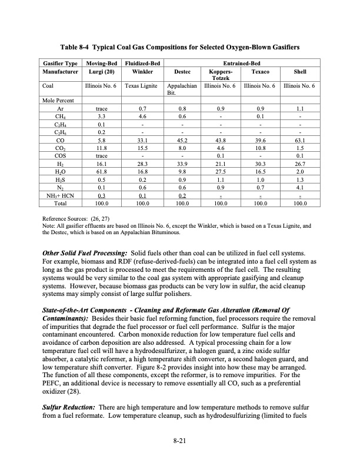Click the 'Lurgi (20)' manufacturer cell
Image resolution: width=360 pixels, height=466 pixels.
pos(101,70)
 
